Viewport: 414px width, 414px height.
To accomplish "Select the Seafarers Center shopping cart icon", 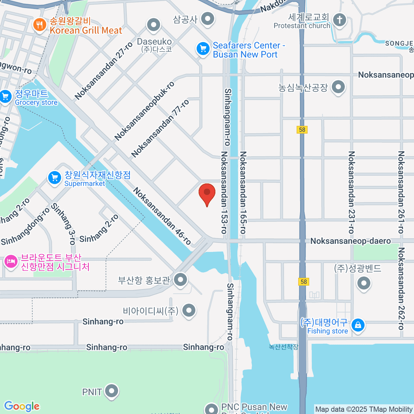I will pyautogui.click(x=203, y=49).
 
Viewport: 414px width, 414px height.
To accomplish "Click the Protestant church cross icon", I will pyautogui.click(x=339, y=19).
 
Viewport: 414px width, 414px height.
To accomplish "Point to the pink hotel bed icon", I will pyautogui.click(x=11, y=262).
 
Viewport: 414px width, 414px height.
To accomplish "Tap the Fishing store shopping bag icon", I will pyautogui.click(x=358, y=325).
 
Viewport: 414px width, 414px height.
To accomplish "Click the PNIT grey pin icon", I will pyautogui.click(x=111, y=391).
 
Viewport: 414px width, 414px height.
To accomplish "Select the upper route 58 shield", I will pyautogui.click(x=302, y=130).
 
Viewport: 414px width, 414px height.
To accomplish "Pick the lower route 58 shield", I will pyautogui.click(x=304, y=282).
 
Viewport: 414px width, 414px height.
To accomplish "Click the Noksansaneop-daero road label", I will pyautogui.click(x=351, y=241).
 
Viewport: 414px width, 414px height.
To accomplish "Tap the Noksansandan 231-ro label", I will pyautogui.click(x=351, y=192).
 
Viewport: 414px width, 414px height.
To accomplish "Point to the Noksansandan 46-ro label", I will pyautogui.click(x=162, y=216).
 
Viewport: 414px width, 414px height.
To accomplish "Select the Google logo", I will pyautogui.click(x=22, y=406).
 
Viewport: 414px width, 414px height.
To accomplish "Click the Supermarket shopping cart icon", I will pyautogui.click(x=55, y=178).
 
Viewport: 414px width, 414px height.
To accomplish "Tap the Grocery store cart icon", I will pyautogui.click(x=6, y=97).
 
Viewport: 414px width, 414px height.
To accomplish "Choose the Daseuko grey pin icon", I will pyautogui.click(x=154, y=25).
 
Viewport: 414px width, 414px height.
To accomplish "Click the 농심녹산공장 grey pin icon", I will pyautogui.click(x=338, y=87).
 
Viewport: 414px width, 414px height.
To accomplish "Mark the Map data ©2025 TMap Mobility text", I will pyautogui.click(x=364, y=409).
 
